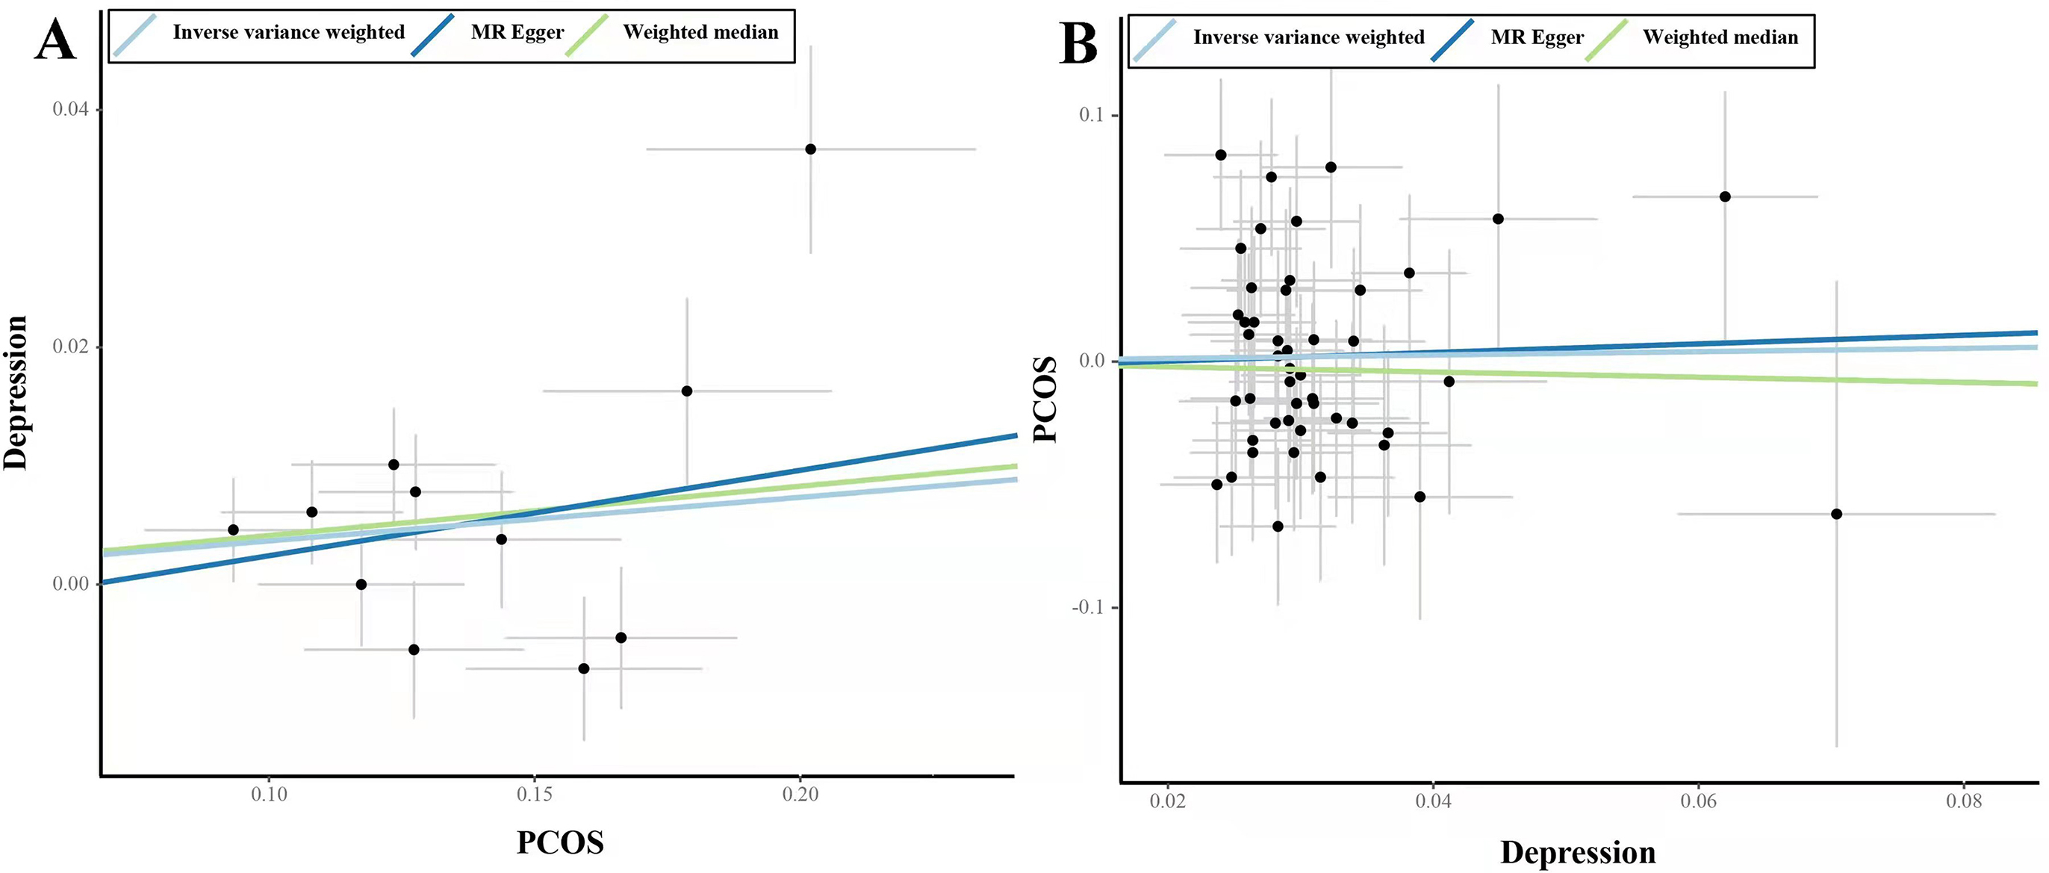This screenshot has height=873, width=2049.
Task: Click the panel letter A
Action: [x=56, y=39]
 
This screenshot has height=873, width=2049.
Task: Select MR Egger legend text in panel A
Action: [x=517, y=33]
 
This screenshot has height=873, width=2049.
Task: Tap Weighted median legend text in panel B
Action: [x=1720, y=37]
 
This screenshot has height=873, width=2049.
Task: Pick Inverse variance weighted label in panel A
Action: [x=289, y=33]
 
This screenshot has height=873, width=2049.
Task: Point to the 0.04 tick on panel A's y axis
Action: [x=70, y=109]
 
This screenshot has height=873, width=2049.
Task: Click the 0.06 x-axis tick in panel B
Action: [x=1698, y=801]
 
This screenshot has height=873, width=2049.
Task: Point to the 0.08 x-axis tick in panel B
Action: [x=1964, y=801]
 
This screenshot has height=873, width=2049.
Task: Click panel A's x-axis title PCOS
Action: [x=560, y=842]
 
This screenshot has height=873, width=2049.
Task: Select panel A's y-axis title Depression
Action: [x=16, y=393]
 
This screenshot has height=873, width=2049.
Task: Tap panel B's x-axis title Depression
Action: [x=1578, y=852]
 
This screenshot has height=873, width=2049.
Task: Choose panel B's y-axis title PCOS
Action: [x=1045, y=399]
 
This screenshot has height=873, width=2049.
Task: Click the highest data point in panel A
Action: [x=810, y=149]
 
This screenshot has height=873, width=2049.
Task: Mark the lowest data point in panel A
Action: [x=584, y=668]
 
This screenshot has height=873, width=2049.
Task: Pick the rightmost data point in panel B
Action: [x=1837, y=514]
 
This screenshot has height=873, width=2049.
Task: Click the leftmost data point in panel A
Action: [x=233, y=530]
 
